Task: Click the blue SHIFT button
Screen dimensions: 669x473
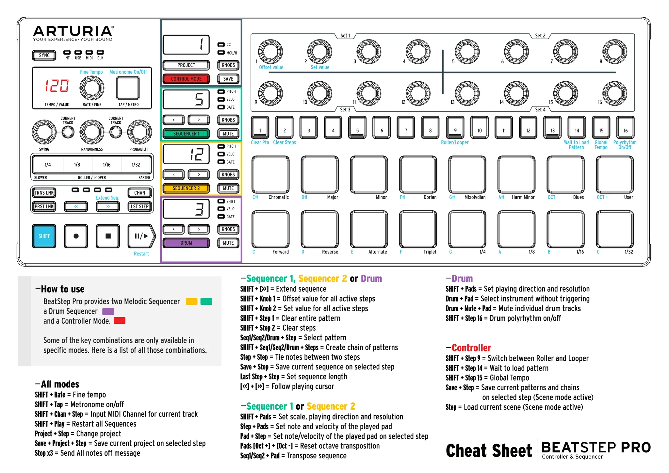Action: click(x=44, y=236)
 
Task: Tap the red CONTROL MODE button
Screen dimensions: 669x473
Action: click(x=186, y=79)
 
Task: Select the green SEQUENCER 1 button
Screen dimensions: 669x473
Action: click(x=186, y=134)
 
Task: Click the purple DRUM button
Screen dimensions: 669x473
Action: click(x=186, y=243)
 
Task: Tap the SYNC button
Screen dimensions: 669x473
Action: click(x=44, y=55)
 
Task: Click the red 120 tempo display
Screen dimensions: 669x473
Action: click(x=57, y=86)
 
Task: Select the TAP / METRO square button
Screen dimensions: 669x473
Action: click(x=128, y=88)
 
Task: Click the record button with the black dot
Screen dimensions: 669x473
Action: click(x=76, y=236)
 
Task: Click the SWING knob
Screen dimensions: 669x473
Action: click(x=44, y=132)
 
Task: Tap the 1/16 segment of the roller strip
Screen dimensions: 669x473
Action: click(x=106, y=165)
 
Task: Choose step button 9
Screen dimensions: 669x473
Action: click(x=455, y=128)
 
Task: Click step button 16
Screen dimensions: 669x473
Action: click(x=625, y=128)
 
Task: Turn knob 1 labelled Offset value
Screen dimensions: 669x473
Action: click(x=270, y=52)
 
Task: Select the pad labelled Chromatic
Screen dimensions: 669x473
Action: click(x=270, y=175)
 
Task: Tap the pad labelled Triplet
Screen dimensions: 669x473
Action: click(x=418, y=229)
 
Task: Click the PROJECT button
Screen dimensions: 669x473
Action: click(x=186, y=65)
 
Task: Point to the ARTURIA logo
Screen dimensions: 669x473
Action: click(x=73, y=31)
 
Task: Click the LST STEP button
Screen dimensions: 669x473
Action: click(x=140, y=206)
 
